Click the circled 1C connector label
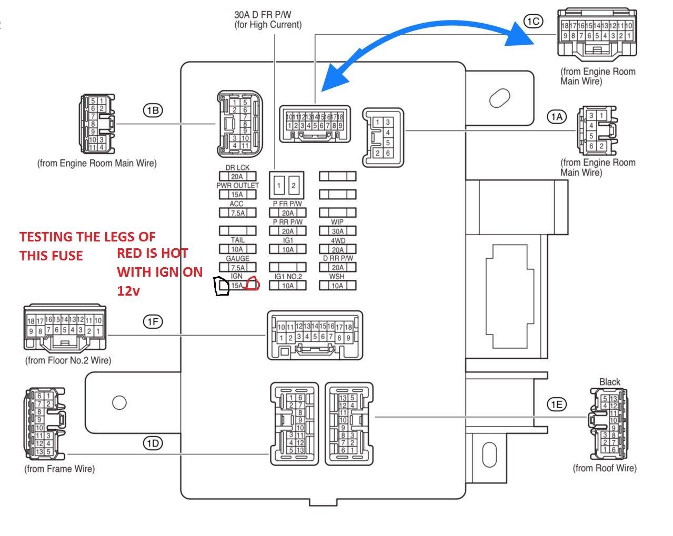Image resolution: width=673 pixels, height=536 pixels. coord(533,21)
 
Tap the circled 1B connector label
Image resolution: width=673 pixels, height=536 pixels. coord(153,110)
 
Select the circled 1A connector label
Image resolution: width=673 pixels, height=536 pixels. coord(557,117)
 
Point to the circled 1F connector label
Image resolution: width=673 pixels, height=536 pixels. coord(153,322)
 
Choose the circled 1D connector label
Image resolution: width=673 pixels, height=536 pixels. coord(153,443)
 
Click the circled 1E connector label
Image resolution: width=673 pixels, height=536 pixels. coord(557,404)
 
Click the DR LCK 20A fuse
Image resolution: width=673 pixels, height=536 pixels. coord(237,176)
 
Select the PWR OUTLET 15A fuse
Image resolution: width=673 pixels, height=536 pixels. coord(237,194)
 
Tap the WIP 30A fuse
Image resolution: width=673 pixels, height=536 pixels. coord(337,231)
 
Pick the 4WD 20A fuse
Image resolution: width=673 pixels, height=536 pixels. coord(337,249)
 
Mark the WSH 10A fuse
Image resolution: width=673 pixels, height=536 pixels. coord(337,286)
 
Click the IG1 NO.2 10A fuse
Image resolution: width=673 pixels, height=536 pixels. coord(288,286)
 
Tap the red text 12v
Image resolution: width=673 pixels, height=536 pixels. coord(128,291)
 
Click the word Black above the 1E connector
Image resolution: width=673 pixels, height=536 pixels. coord(610,382)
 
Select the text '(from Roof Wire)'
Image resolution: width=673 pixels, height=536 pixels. coord(605,468)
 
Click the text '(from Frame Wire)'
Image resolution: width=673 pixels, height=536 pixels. coord(59,469)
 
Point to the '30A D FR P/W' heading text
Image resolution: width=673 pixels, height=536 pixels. coord(263,15)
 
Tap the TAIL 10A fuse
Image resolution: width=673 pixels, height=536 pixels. coord(237,249)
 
